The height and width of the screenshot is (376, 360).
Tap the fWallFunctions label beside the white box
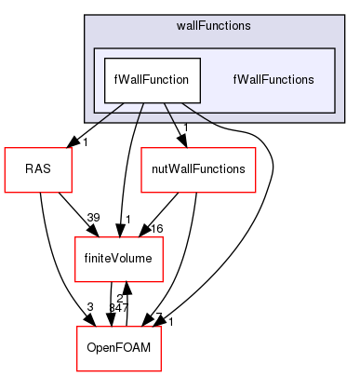pos(273,80)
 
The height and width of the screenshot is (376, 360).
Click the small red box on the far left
pos(38,169)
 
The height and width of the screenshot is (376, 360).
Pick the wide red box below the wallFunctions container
pos(198,169)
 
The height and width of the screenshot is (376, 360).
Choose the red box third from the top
pos(118,260)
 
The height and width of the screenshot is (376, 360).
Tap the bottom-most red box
pos(118,348)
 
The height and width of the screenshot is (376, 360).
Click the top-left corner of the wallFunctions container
pos(85,16)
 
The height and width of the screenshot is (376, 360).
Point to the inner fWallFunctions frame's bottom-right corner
pos(334,113)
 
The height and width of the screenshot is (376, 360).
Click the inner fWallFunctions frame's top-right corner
pos(334,48)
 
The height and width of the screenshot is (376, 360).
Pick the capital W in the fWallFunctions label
pos(242,80)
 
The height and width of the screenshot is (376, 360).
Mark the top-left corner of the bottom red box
pos(76,327)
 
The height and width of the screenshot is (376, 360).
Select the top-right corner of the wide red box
pos(255,148)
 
